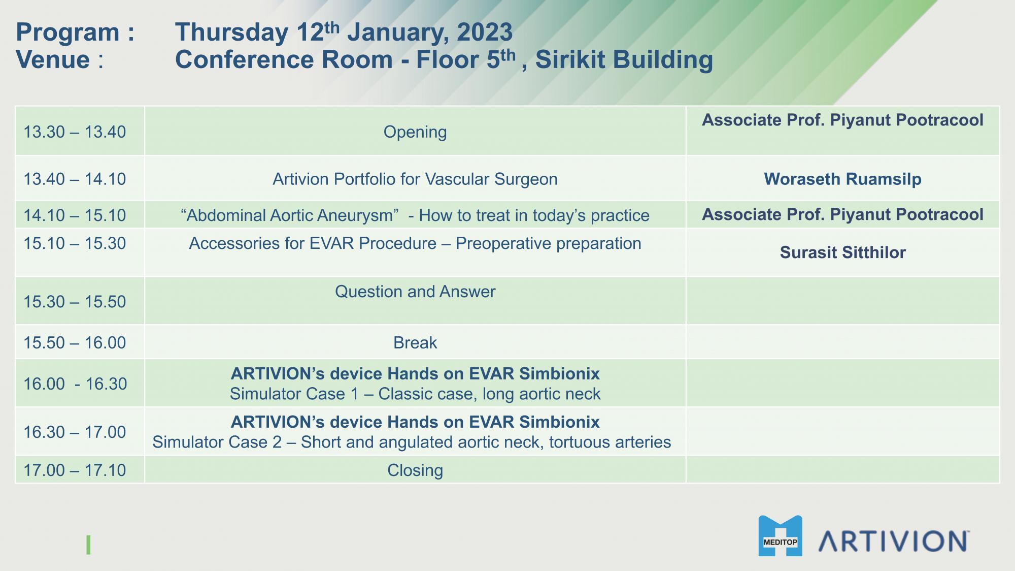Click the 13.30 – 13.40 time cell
75,132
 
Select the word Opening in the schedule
415,132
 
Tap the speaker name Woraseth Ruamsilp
842,179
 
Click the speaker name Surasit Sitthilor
842,252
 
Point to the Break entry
415,343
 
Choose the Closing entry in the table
415,470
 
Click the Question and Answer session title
415,292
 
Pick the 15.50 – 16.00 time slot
75,343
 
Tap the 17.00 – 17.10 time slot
75,470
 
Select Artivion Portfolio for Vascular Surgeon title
415,179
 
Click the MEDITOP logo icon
780,536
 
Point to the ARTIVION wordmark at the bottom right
894,541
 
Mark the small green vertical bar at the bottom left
88,545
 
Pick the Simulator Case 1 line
415,394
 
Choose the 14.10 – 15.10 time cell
75,215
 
